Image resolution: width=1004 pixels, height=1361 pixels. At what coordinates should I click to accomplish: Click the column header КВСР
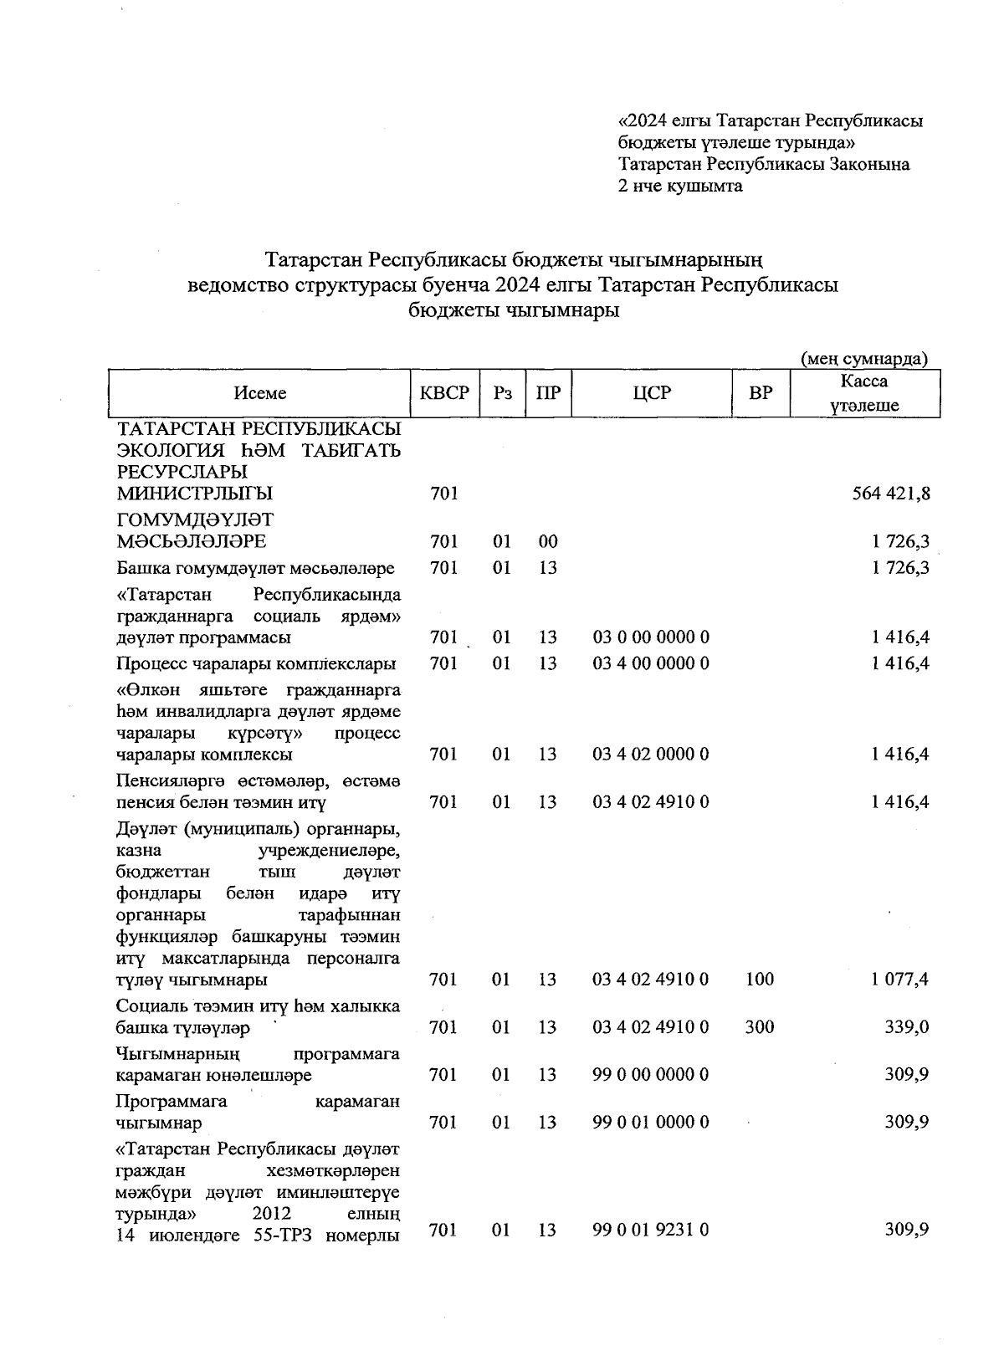[x=444, y=392]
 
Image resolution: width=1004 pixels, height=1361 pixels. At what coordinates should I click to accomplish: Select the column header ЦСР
[x=652, y=392]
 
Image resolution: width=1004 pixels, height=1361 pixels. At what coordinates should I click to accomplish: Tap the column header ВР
[x=761, y=392]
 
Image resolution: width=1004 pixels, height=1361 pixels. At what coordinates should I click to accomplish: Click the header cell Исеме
[x=260, y=392]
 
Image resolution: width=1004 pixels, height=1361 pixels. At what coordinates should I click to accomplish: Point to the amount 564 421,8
[x=889, y=494]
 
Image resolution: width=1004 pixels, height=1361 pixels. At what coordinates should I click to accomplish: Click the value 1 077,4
[x=899, y=979]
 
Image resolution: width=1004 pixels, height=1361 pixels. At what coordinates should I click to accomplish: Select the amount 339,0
[x=907, y=1026]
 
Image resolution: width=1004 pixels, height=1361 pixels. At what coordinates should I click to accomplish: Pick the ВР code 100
[x=760, y=979]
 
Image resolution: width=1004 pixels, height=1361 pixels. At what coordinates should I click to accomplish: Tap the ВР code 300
[x=760, y=1026]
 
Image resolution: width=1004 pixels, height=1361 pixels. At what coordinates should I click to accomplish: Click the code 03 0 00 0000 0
[x=651, y=637]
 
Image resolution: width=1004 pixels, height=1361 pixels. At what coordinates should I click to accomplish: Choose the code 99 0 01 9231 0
[x=651, y=1230]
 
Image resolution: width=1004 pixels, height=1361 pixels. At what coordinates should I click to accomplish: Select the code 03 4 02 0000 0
[x=651, y=754]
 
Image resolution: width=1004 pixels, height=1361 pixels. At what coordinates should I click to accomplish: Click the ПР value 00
[x=548, y=541]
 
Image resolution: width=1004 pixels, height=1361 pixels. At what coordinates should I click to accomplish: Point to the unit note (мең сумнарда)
[x=864, y=359]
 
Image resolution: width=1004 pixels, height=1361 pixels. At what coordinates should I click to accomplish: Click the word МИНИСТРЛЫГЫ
[x=195, y=494]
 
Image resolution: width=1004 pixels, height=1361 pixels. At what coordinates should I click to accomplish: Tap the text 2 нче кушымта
[x=679, y=186]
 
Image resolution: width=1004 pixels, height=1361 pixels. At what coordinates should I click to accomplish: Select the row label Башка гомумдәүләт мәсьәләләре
[x=255, y=568]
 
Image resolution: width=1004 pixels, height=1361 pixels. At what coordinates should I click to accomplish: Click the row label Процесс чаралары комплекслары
[x=256, y=664]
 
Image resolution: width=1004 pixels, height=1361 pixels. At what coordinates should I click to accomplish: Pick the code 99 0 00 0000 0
[x=651, y=1074]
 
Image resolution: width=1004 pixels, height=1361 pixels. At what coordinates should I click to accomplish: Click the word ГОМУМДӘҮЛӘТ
[x=195, y=520]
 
